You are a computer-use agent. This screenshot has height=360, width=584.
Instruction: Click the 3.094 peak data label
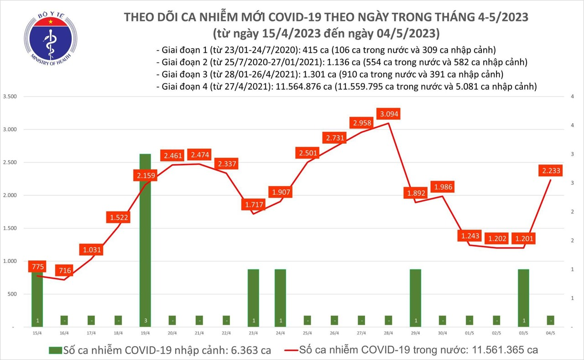388,114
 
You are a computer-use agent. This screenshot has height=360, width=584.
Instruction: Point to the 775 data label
37,266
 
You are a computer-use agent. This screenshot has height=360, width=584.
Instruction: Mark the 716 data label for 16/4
65,271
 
